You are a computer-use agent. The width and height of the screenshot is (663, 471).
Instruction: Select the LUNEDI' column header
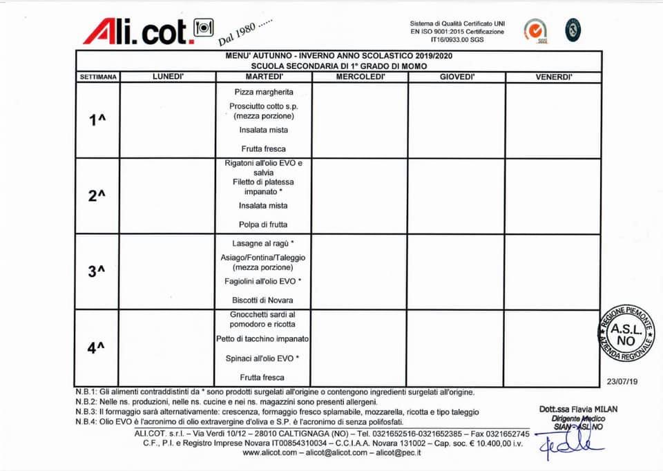click(168, 77)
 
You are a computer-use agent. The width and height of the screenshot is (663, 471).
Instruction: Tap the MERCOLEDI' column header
click(360, 77)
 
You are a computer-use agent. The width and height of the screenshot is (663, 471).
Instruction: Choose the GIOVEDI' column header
click(457, 77)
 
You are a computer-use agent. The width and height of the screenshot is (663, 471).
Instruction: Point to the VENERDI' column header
click(554, 77)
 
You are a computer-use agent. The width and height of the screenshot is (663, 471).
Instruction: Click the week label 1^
click(97, 120)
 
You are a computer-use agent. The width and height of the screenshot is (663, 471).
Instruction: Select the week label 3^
click(97, 271)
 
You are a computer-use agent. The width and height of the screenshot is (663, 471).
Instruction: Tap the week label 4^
click(97, 347)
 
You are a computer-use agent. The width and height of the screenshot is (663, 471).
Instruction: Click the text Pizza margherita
click(264, 92)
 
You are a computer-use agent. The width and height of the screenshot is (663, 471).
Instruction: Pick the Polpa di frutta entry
click(263, 224)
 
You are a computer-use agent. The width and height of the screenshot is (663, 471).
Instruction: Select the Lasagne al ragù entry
click(263, 244)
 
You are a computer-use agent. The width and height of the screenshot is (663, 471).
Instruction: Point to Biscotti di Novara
click(263, 300)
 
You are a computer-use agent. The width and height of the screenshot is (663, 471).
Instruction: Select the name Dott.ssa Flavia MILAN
click(578, 409)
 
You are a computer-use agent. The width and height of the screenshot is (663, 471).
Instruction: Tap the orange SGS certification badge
click(533, 30)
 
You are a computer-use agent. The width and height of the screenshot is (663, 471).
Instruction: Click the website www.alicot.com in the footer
click(269, 453)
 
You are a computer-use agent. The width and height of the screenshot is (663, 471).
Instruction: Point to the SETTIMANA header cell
click(97, 77)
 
